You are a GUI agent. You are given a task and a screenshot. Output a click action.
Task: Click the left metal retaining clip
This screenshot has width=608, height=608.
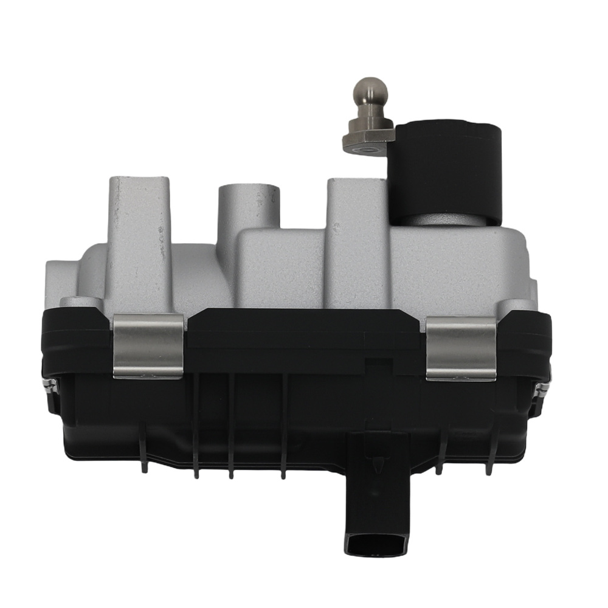(148, 346)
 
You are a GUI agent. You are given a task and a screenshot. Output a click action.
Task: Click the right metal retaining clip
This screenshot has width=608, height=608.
(461, 349)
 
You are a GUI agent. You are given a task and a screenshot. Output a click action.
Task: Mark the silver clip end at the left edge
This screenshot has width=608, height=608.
(49, 383)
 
